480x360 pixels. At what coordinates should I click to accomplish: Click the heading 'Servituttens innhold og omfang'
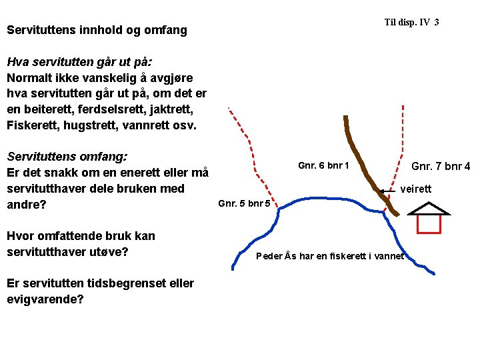(97, 30)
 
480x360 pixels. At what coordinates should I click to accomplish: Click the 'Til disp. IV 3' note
(411, 23)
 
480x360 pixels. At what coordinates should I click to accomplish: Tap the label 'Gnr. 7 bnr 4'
(441, 166)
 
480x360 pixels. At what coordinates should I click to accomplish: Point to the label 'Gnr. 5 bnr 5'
(244, 203)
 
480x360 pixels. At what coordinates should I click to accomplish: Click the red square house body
(429, 224)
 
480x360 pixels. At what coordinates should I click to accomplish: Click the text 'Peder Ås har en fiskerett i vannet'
(330, 256)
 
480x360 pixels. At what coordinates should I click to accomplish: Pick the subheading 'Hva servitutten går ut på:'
(79, 62)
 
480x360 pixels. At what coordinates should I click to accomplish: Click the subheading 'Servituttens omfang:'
(67, 157)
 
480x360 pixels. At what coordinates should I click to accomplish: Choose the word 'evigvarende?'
(45, 299)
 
